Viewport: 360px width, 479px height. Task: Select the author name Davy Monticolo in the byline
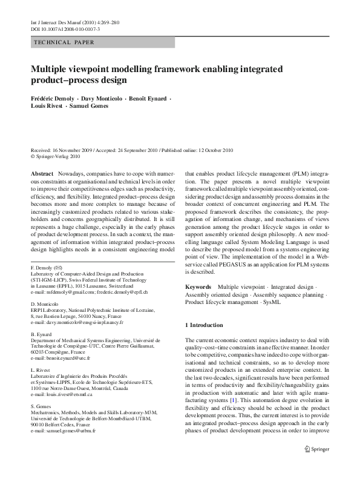coord(99,97)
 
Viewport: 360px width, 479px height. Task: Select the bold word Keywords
coord(198,285)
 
